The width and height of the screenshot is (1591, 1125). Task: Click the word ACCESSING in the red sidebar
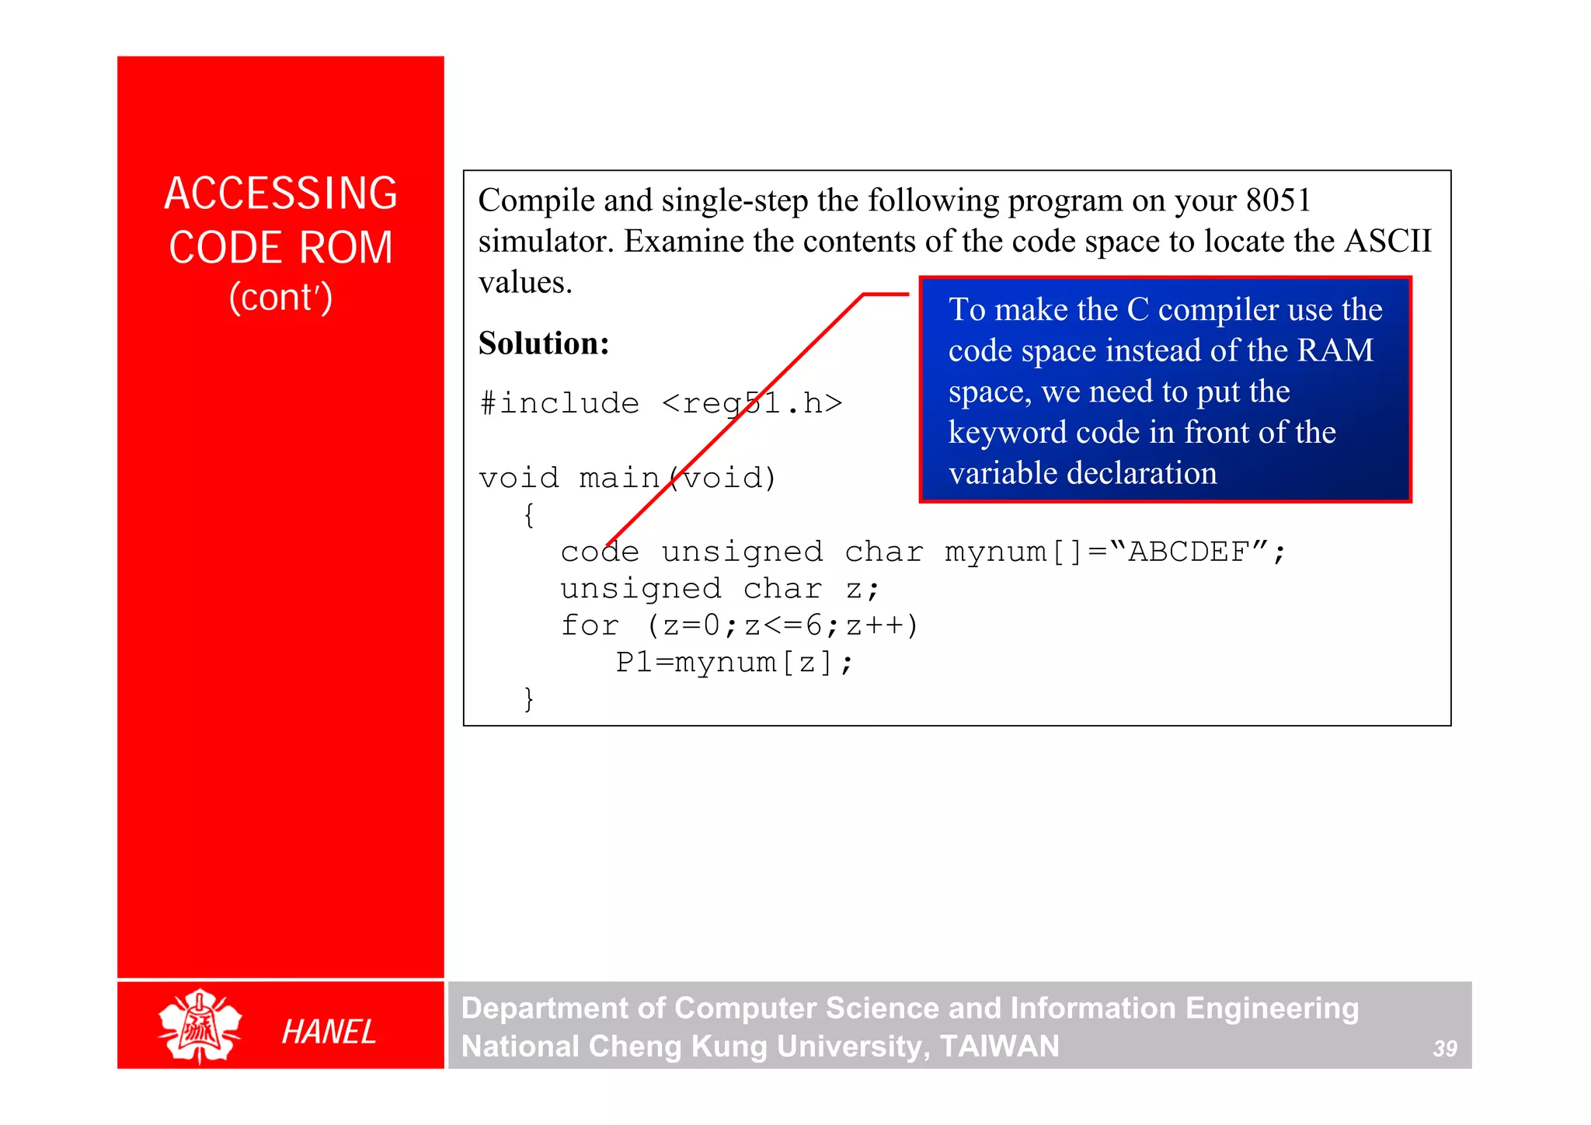(280, 193)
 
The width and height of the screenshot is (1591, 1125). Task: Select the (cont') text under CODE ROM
(280, 298)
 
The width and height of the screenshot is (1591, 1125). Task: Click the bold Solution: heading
(544, 343)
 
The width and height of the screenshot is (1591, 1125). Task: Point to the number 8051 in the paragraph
(1278, 200)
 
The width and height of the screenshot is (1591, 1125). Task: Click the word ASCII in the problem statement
(1387, 242)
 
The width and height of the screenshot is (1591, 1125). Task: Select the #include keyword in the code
(559, 403)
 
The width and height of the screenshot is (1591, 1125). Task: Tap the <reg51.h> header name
(752, 403)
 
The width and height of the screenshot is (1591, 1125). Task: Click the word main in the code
(619, 478)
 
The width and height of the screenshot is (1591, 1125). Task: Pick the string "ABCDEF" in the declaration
(1189, 552)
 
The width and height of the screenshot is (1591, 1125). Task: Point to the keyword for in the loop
(590, 625)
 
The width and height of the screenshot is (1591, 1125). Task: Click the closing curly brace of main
(529, 698)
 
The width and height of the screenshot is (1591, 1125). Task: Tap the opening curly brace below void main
(529, 515)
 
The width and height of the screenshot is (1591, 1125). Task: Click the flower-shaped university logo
(200, 1026)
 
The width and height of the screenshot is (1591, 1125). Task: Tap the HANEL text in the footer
(329, 1032)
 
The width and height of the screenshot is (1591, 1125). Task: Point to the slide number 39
(1444, 1049)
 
